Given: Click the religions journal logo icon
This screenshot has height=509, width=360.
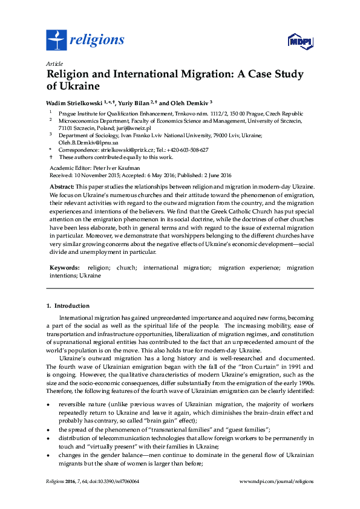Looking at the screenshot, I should click(x=56, y=41).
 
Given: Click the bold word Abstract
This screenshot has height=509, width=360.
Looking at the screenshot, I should click(x=62, y=187).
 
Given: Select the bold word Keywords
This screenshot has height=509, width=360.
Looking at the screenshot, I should click(x=64, y=267).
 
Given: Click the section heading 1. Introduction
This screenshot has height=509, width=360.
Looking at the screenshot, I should click(x=68, y=306).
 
